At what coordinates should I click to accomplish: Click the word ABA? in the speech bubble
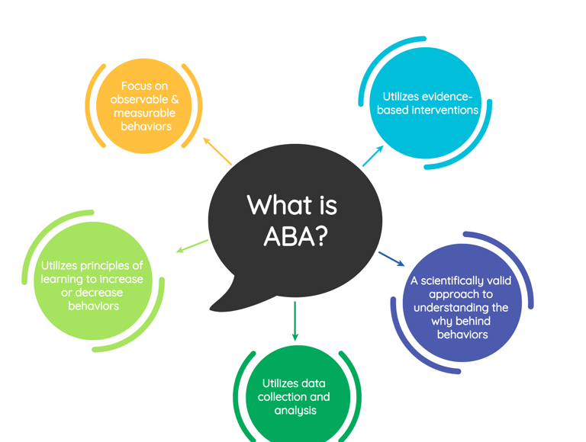[x=295, y=236]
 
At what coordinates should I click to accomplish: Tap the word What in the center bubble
[x=272, y=205]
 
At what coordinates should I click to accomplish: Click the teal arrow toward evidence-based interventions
[x=372, y=155]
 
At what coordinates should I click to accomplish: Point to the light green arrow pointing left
[x=192, y=245]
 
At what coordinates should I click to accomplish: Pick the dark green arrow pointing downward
[x=295, y=320]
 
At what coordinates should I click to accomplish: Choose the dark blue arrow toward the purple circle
[x=391, y=258]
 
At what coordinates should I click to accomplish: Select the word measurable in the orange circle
[x=145, y=113]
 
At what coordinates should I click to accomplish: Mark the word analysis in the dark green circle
[x=295, y=411]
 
